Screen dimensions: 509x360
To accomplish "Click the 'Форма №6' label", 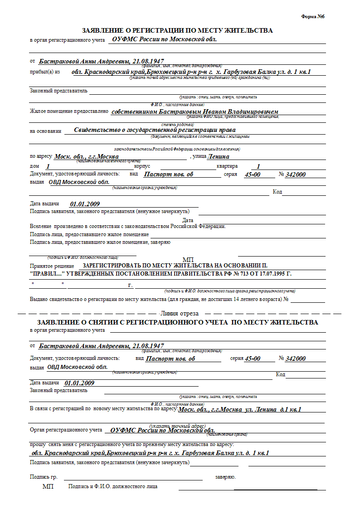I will pos(313,17).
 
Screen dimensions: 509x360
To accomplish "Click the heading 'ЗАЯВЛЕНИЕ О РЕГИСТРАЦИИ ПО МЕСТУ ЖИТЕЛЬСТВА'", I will pos(177,31).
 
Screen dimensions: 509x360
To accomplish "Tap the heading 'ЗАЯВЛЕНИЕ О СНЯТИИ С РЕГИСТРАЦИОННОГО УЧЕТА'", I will pos(177,322).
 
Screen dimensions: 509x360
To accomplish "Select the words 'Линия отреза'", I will pos(180,314).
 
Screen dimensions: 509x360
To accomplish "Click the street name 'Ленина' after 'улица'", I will pos(218,157).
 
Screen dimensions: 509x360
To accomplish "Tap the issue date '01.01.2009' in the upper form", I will pos(85,204).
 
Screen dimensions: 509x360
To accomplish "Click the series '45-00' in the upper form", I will pos(252,175).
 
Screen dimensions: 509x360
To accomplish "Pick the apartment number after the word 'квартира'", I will pos(258,166).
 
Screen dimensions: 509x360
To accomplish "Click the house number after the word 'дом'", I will pos(48,166).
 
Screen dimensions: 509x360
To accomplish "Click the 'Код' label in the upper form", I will pos(277,192).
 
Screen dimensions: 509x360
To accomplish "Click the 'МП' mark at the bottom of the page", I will pos(48,486).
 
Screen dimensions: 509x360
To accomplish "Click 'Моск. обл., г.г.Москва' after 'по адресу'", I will pos(87,157).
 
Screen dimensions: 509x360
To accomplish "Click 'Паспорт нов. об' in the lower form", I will pos(170,359).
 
